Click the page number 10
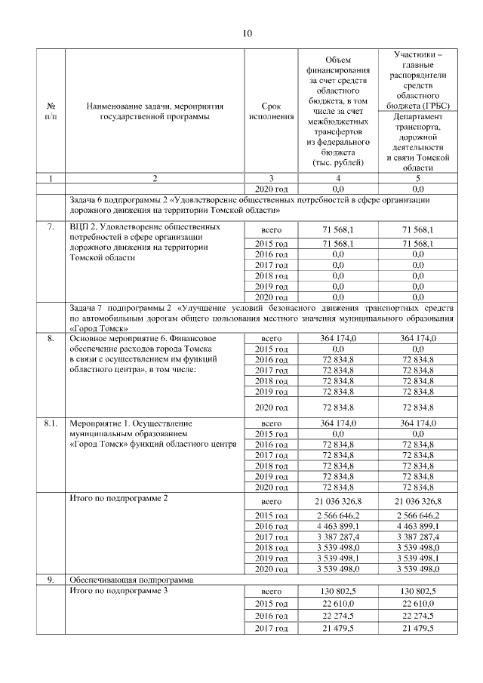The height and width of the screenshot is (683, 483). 247,32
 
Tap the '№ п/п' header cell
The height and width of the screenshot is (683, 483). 50,111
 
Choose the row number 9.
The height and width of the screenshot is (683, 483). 50,580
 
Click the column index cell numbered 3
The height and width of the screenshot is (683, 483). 271,178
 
